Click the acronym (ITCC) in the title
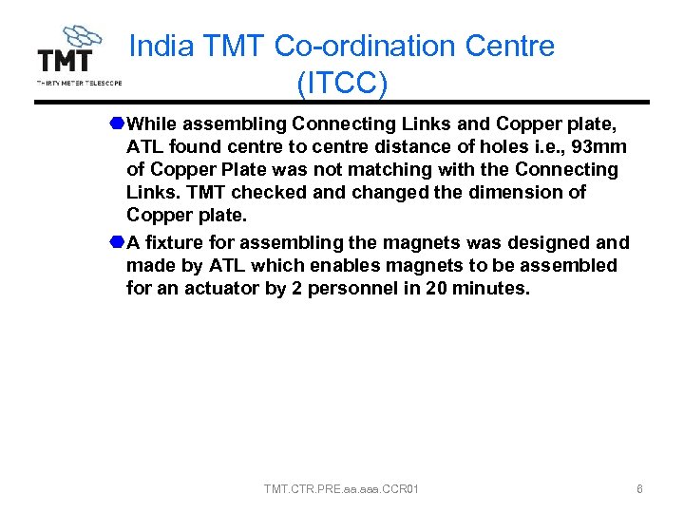click(x=341, y=84)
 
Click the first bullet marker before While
click(x=115, y=123)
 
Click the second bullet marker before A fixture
click(x=115, y=242)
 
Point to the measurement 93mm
click(x=600, y=147)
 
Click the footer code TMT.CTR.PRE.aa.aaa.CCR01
click(x=342, y=489)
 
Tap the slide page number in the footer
click(x=639, y=489)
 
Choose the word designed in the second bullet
click(x=552, y=242)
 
